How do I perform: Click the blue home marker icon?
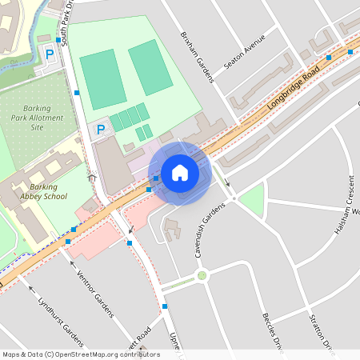(x=180, y=173)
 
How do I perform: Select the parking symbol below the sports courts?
(x=101, y=129)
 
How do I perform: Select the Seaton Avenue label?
(x=244, y=51)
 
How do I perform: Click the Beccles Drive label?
(x=273, y=331)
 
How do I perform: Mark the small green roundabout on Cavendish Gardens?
(x=202, y=276)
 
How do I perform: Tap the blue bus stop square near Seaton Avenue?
(x=328, y=58)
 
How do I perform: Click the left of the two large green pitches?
(x=102, y=78)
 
